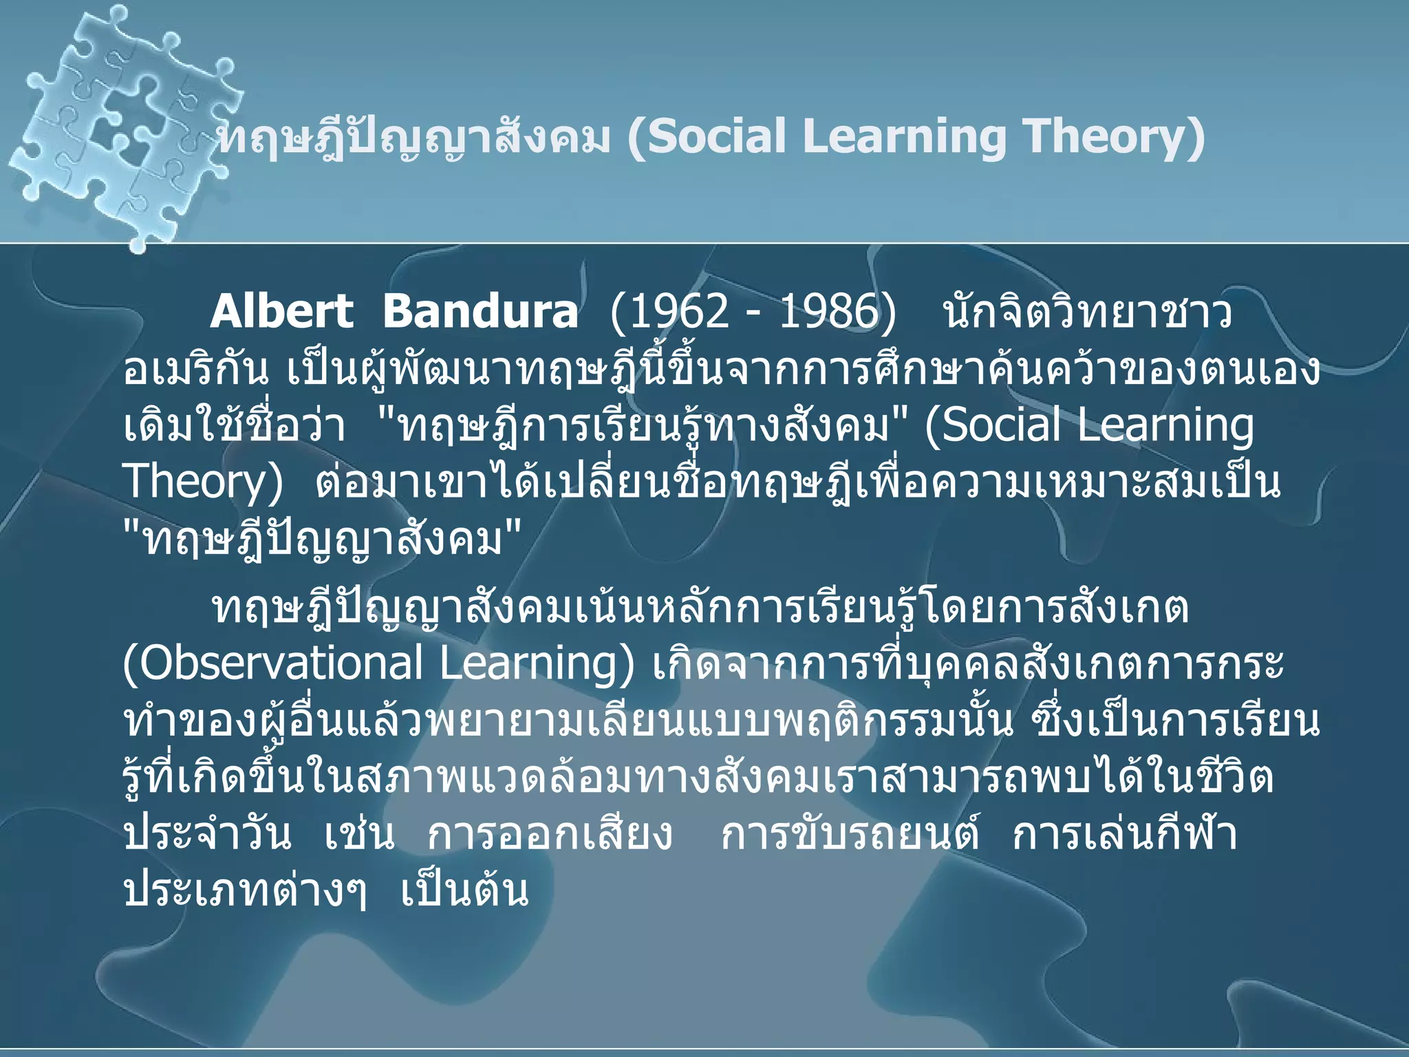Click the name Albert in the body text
coord(281,312)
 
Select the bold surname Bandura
coord(480,312)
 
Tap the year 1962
coord(678,312)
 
